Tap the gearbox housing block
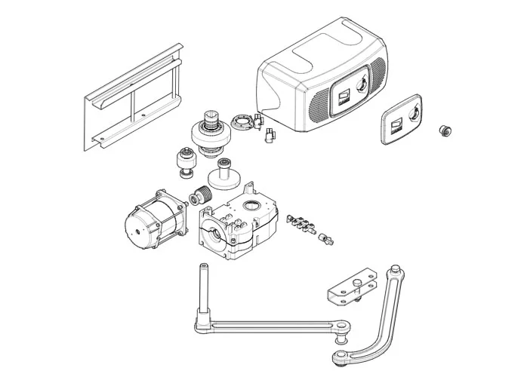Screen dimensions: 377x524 pyautogui.click(x=238, y=222)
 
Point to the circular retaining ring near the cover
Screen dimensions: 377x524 pyautogui.click(x=243, y=119)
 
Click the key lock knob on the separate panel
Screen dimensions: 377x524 pyautogui.click(x=415, y=112)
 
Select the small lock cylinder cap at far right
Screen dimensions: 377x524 pyautogui.click(x=445, y=131)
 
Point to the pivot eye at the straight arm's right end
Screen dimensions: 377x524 pyautogui.click(x=344, y=326)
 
